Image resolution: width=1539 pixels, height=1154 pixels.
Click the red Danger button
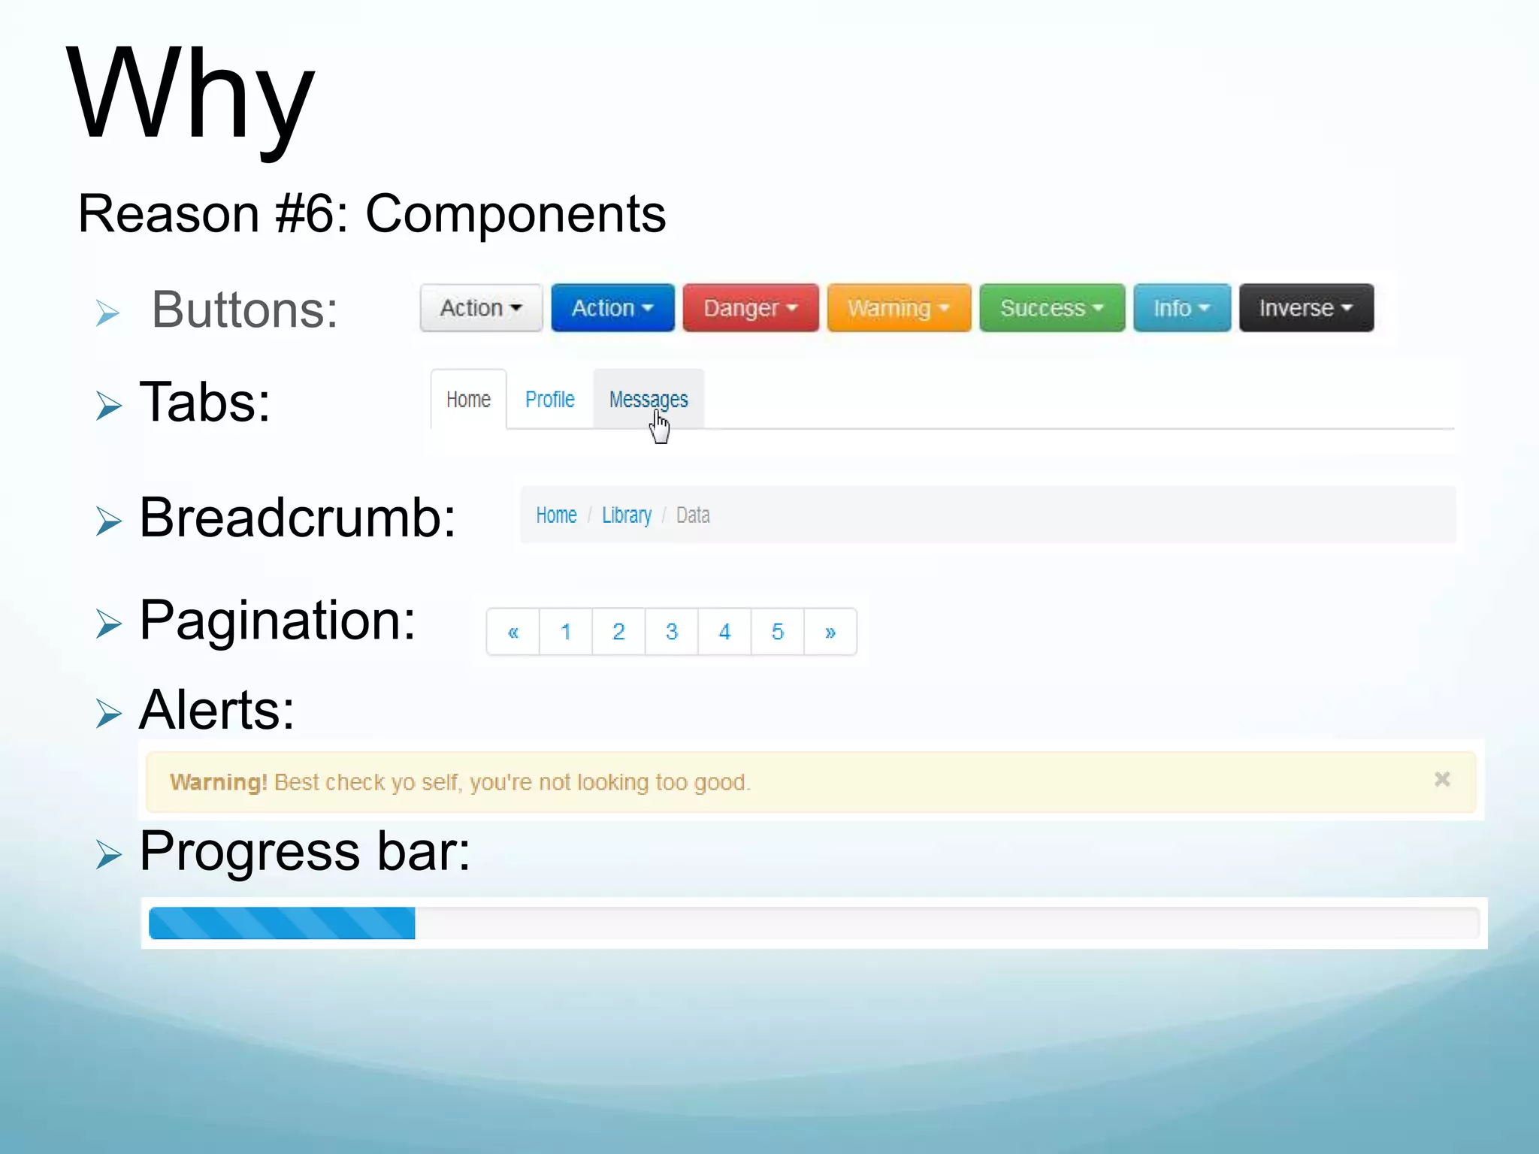750,308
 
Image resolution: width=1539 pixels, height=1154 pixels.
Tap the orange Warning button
899,308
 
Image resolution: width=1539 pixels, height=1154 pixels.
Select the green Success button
1051,308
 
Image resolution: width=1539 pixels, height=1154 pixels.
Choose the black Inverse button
1306,308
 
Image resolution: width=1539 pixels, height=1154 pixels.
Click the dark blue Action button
612,308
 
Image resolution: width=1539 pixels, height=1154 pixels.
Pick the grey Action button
481,308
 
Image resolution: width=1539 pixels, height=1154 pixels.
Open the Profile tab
549,400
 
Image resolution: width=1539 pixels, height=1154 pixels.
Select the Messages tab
648,400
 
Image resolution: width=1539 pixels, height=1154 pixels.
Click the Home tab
468,400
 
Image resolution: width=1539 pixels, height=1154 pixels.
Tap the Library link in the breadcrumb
627,515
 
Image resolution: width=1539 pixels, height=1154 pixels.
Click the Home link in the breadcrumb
556,515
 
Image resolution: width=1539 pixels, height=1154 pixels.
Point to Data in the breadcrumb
693,515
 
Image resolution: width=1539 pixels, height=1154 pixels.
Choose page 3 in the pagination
672,632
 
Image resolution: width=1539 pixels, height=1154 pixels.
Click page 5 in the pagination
778,632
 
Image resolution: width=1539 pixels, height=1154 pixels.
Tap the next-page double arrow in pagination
830,632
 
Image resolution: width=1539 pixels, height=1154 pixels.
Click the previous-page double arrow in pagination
513,632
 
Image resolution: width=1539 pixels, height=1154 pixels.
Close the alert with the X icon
1441,779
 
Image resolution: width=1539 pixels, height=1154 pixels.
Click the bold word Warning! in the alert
218,783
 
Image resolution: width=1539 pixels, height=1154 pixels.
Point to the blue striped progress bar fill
282,923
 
